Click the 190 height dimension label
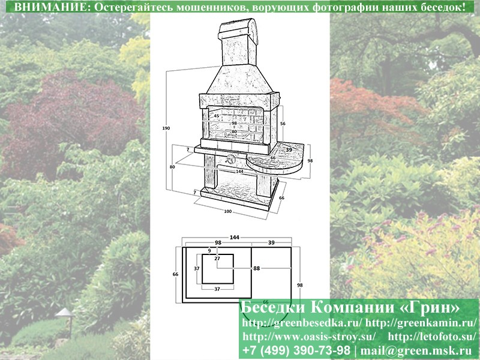click(x=166, y=128)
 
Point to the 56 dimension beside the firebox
click(x=283, y=124)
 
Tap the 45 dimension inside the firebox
click(x=217, y=116)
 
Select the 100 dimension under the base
click(x=228, y=212)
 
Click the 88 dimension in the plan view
click(x=257, y=268)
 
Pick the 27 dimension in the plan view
click(x=217, y=259)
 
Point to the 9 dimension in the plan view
click(x=209, y=250)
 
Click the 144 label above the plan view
click(x=234, y=237)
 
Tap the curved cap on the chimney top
click(x=239, y=28)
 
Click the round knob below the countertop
click(x=230, y=159)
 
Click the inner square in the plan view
click(x=218, y=269)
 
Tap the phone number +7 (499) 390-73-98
click(x=296, y=350)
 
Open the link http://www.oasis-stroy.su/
click(x=309, y=337)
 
